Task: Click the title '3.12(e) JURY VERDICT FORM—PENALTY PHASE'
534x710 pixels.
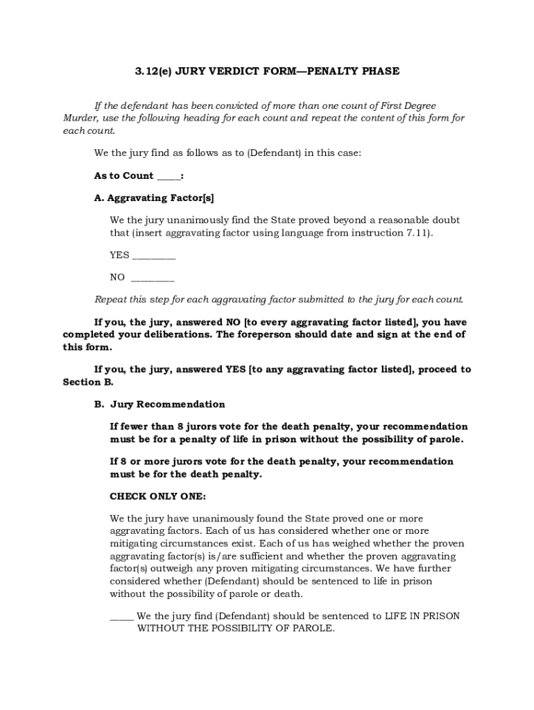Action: click(266, 71)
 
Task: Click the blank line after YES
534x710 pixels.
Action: click(153, 256)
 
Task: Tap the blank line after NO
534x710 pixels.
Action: click(152, 278)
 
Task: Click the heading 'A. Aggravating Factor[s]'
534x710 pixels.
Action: click(149, 198)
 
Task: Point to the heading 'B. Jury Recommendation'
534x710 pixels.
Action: click(160, 404)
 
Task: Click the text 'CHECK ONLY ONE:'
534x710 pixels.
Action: click(157, 496)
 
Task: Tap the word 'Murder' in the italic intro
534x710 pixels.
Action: click(79, 118)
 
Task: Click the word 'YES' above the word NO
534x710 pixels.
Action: click(119, 255)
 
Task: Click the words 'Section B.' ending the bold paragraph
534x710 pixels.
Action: click(88, 382)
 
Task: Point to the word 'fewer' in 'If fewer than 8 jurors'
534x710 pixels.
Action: click(135, 426)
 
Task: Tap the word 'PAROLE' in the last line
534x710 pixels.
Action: click(316, 628)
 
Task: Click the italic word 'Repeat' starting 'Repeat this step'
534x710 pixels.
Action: click(110, 300)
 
